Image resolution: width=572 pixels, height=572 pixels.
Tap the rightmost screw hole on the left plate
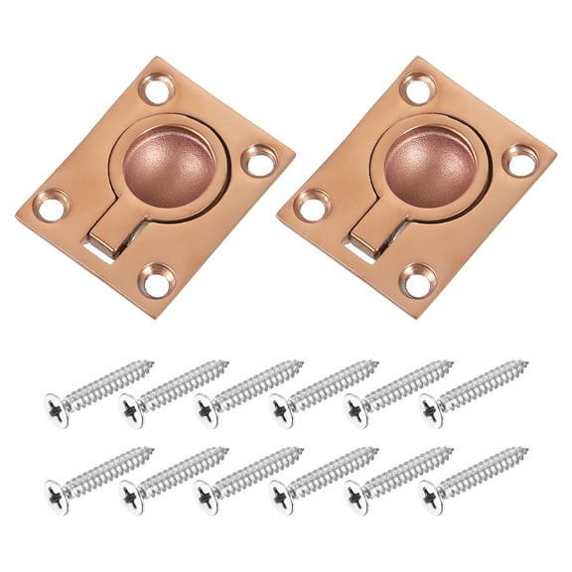(262, 160)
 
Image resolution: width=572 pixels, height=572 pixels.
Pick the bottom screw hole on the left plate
(155, 282)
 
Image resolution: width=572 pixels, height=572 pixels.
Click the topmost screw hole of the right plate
(415, 89)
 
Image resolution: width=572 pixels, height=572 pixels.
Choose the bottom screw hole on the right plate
(415, 280)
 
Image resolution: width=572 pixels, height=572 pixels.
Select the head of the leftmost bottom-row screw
(56, 490)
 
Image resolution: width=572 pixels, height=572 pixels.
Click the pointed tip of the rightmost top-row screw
(526, 363)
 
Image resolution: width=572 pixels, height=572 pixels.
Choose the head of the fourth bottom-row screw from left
(281, 490)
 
